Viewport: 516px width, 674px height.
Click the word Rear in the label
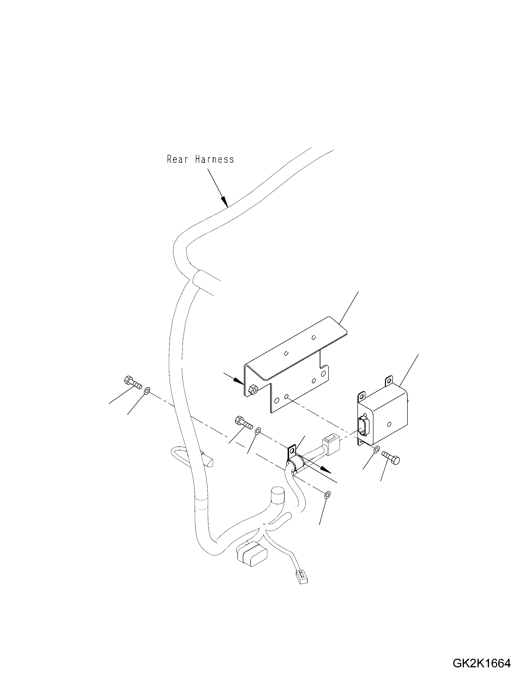point(177,159)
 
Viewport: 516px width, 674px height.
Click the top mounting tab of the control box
point(389,380)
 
